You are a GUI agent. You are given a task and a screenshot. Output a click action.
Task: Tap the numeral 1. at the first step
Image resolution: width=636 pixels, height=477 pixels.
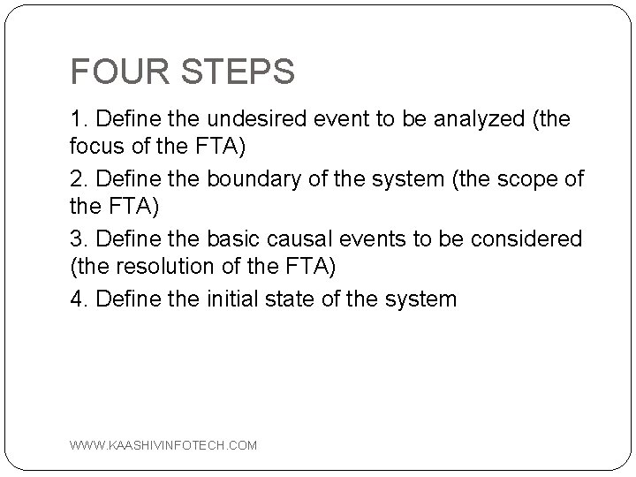(79, 118)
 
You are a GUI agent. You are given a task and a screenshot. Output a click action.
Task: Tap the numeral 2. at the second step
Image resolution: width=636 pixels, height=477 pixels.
(79, 179)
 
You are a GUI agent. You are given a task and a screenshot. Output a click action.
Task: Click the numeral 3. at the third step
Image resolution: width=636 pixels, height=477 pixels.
(79, 239)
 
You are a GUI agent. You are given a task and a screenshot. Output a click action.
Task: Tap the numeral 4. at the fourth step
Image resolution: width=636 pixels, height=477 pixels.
(79, 299)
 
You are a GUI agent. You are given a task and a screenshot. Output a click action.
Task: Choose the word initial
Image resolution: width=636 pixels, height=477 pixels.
(237, 299)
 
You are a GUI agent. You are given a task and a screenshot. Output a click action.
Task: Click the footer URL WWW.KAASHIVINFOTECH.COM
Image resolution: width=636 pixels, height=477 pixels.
(163, 446)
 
